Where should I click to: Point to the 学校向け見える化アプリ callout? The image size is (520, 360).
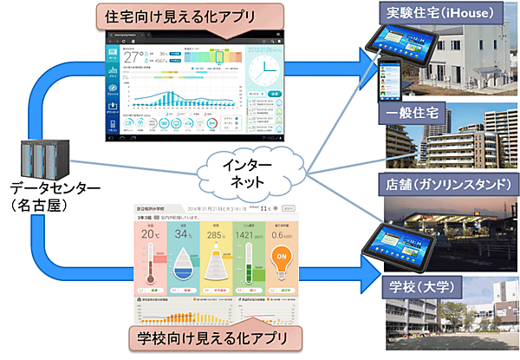tap(213, 337)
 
